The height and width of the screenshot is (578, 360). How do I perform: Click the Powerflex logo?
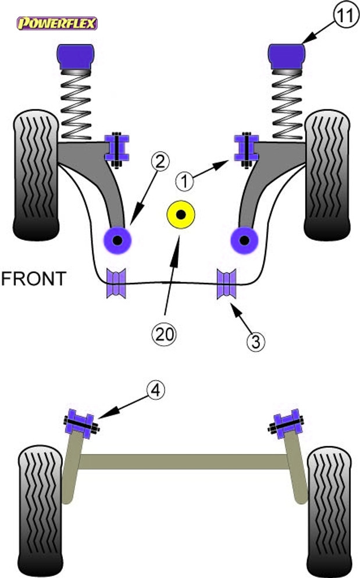point(56,23)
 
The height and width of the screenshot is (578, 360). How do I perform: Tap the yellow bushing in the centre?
point(181,215)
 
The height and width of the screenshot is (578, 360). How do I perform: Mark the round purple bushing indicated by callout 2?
point(117,239)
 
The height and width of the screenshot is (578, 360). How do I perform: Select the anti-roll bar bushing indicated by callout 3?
point(227,283)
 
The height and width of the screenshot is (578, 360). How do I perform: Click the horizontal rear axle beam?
point(184,462)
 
